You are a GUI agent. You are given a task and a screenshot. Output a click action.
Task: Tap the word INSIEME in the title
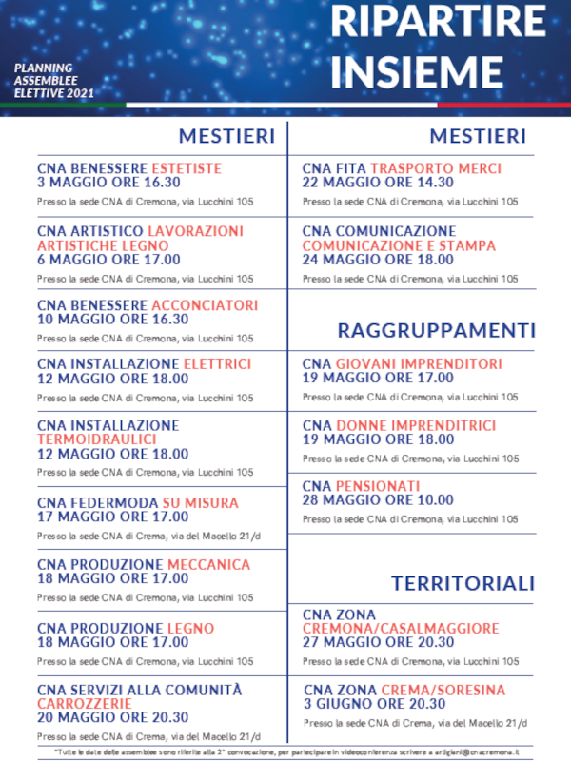[x=419, y=69]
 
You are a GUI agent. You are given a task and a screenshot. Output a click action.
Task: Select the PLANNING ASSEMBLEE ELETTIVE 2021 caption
[x=54, y=81]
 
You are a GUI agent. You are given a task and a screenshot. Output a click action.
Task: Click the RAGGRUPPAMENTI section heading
[x=436, y=330]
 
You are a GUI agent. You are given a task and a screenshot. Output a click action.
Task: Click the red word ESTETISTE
[x=187, y=167]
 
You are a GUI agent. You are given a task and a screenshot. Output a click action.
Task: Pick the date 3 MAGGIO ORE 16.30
[x=108, y=183]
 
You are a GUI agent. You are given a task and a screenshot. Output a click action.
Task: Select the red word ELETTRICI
[x=217, y=363]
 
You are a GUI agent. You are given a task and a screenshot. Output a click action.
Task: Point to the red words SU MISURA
[x=201, y=502]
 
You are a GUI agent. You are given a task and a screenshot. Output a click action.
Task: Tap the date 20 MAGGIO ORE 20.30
[x=113, y=718]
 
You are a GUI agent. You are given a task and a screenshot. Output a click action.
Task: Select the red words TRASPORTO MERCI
[x=436, y=167]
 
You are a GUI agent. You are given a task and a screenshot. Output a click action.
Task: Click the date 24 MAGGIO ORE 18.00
[x=378, y=259]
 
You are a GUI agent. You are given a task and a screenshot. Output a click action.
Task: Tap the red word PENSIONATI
[x=378, y=486]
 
